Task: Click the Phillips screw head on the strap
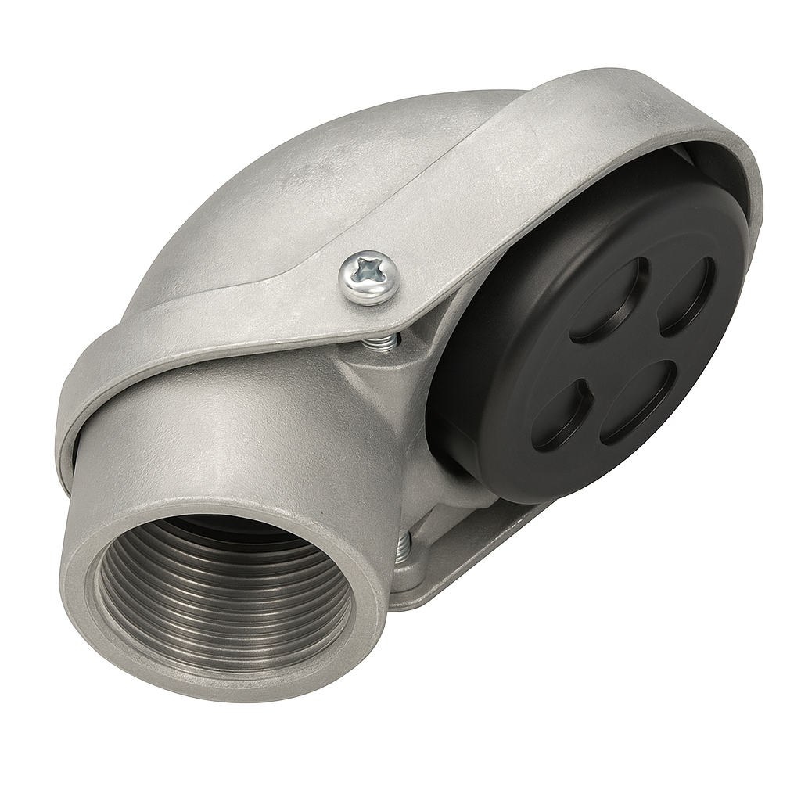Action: [368, 278]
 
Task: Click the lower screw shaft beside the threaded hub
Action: [404, 548]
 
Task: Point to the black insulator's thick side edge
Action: [469, 438]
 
